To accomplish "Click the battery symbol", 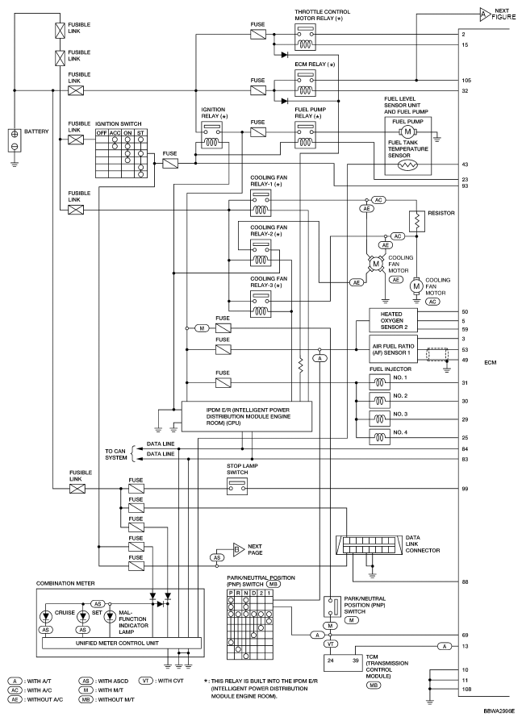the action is (15, 140).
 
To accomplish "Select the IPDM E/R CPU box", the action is (247, 416).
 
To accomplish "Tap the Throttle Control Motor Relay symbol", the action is (304, 37).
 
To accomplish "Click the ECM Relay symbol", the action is (304, 83).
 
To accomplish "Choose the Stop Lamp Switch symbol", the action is (237, 486).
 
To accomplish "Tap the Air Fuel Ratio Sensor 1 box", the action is (393, 349).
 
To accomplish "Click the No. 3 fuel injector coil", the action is (379, 419).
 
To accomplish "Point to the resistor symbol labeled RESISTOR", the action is (417, 221).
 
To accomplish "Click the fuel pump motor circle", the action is (407, 132).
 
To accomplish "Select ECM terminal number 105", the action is (466, 81).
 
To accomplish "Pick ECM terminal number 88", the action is (465, 582).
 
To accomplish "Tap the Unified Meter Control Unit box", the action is (122, 644).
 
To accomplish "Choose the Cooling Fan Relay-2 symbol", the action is (261, 253).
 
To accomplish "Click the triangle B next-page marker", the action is (237, 550).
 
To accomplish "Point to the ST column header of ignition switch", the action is (140, 133).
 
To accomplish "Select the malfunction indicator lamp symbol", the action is (110, 618).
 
